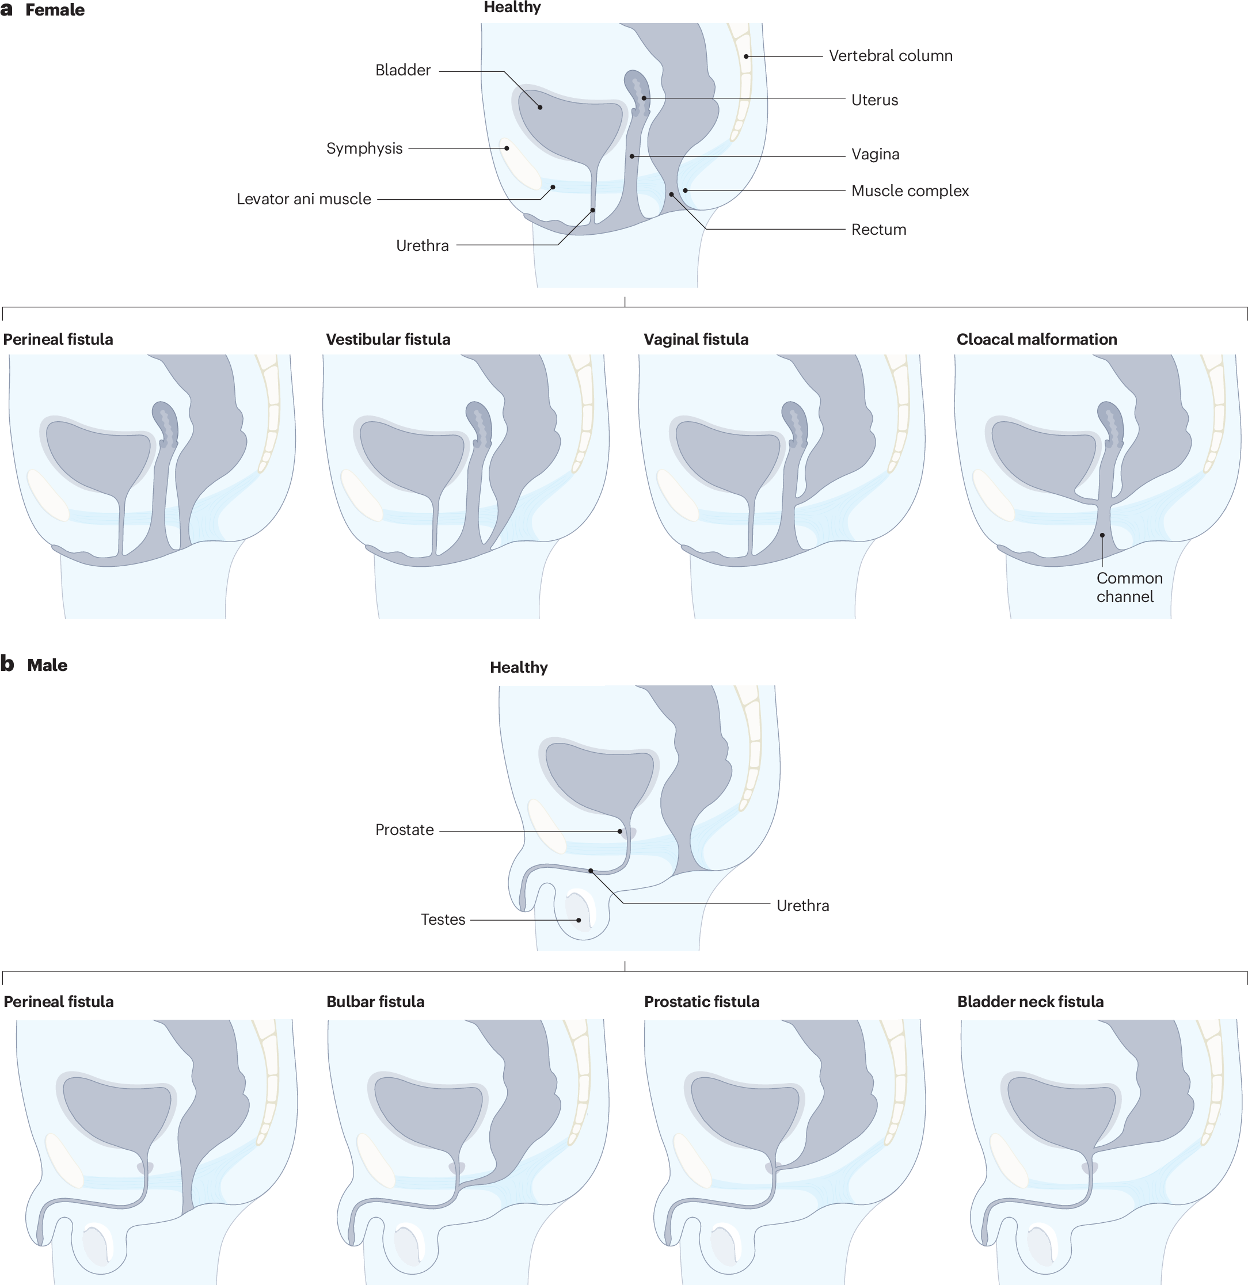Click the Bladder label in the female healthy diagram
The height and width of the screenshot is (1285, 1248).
[403, 70]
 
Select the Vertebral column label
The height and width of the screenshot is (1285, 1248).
[890, 56]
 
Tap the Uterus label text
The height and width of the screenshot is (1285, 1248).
[874, 100]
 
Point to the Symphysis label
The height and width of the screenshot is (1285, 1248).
[364, 149]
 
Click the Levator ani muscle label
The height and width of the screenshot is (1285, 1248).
[303, 199]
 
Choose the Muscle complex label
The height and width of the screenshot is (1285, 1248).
[910, 192]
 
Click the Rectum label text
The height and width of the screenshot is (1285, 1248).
[878, 230]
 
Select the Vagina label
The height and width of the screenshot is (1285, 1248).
[875, 155]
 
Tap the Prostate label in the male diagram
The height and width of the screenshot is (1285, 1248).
[404, 830]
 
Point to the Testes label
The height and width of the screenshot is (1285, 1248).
[443, 920]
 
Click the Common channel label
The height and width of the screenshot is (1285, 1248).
[1129, 588]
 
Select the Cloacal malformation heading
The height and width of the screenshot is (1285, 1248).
[1036, 340]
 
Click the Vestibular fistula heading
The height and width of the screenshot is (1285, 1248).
[387, 340]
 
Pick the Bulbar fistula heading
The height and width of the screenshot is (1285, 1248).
[375, 1002]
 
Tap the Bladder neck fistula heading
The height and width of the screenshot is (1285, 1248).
[1030, 1002]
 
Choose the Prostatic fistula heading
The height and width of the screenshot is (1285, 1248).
[701, 1002]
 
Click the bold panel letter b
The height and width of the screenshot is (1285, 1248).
[7, 664]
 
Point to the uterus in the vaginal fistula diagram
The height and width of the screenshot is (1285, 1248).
[796, 424]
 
